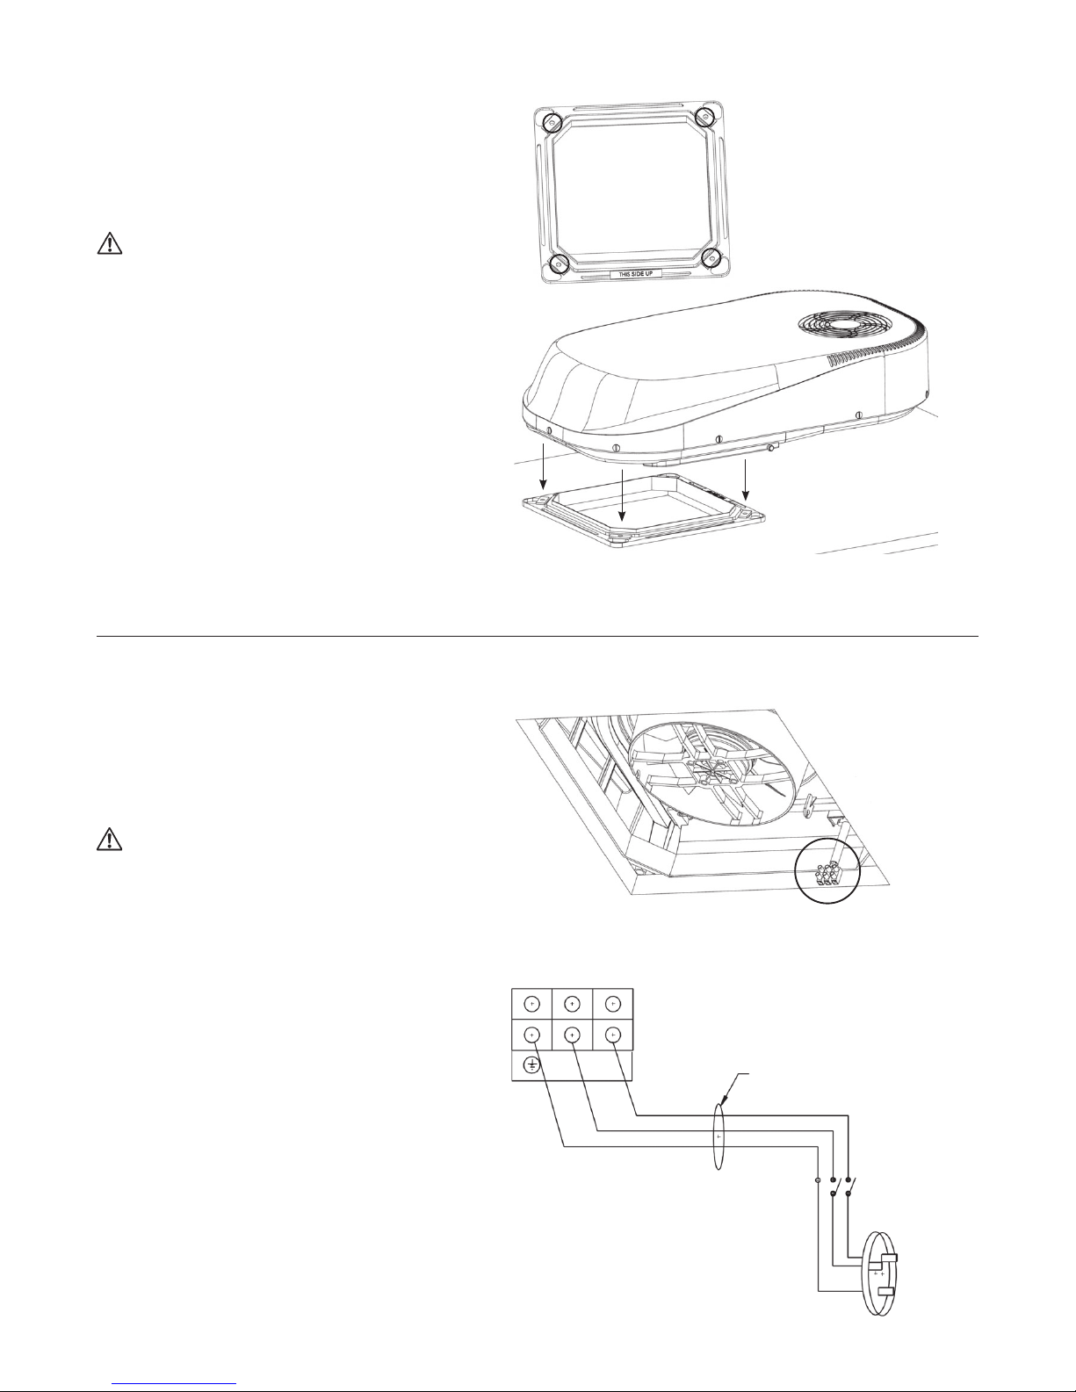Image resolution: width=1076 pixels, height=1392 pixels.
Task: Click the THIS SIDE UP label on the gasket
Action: tap(635, 273)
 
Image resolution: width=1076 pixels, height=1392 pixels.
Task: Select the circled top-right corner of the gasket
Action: tap(705, 117)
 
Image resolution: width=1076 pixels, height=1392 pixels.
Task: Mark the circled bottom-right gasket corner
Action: tap(711, 258)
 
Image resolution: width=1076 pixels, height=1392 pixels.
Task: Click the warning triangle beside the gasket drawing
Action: tap(110, 243)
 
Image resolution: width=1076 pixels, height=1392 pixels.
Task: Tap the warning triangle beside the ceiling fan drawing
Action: tap(110, 840)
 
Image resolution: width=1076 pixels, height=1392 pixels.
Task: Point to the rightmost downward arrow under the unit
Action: tap(746, 480)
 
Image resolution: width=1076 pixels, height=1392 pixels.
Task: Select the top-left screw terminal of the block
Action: tap(532, 1004)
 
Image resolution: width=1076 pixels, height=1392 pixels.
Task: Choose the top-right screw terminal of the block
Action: tap(613, 1004)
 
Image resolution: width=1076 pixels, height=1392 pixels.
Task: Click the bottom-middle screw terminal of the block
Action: tap(573, 1035)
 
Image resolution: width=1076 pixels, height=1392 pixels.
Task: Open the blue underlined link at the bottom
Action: tap(174, 1384)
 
